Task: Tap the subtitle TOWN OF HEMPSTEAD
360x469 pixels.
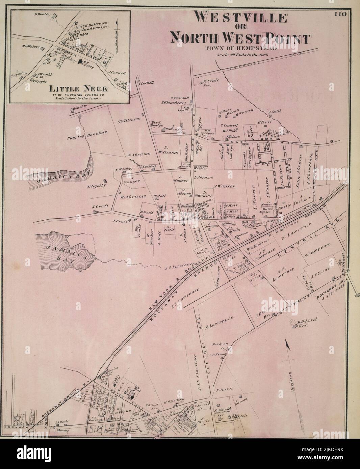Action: [240, 48]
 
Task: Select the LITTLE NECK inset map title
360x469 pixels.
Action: [79, 89]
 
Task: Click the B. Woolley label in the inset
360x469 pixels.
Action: [43, 15]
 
